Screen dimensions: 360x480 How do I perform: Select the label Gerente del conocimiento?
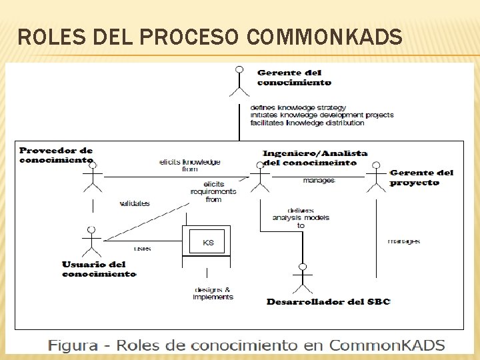[293, 78]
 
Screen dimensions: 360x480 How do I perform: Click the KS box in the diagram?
[208, 243]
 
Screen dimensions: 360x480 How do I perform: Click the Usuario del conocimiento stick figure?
[90, 241]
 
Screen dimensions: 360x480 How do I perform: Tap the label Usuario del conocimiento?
[99, 269]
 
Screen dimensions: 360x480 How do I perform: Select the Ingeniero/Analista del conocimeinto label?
[315, 157]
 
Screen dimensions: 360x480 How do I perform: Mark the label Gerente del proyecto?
[421, 177]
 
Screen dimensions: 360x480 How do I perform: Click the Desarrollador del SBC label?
[328, 302]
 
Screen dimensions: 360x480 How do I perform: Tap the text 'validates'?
[135, 203]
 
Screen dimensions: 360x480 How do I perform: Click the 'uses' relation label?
[142, 249]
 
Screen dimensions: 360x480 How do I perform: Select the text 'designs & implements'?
[213, 293]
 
